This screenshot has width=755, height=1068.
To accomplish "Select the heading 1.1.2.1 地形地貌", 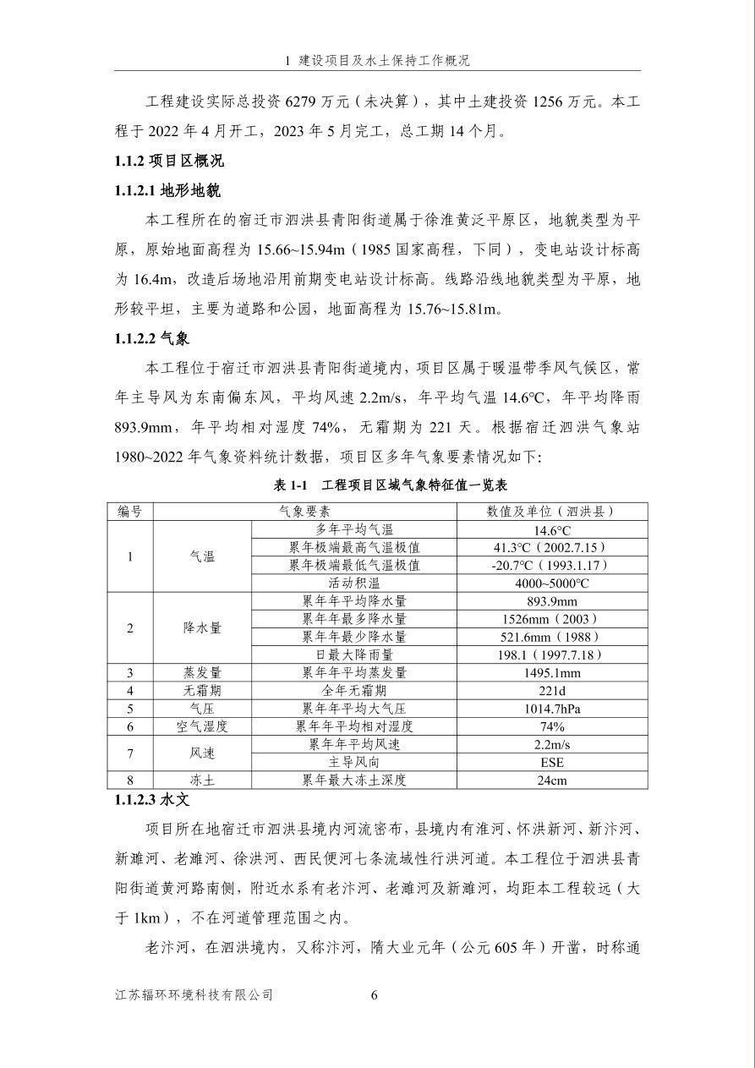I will point(167,190).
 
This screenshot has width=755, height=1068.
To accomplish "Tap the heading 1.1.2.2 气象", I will point(152,339).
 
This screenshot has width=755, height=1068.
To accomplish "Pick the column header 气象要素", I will point(304,512).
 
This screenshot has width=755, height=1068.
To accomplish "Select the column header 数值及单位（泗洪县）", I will point(551,512).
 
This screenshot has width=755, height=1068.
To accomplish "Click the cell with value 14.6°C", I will point(551,529).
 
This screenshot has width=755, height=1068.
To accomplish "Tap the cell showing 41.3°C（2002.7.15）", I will point(551,547).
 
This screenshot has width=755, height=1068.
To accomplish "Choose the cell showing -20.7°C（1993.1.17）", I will point(551,565).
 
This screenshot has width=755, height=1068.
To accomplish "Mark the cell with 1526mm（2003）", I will point(551,619).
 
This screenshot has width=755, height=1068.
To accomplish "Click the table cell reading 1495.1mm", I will point(551,672).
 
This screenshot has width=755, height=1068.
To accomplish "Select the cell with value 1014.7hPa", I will point(551,708).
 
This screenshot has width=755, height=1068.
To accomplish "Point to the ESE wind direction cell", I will point(551,762).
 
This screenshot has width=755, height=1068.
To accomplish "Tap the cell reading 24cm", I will point(551,780).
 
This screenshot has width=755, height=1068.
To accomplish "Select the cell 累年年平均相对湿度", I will point(354,726).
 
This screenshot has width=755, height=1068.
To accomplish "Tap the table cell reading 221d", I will point(551,690).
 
